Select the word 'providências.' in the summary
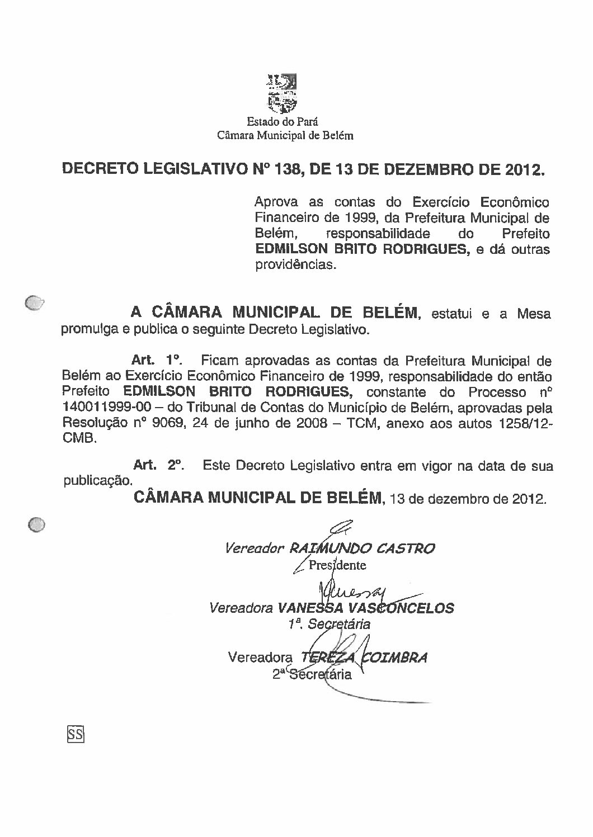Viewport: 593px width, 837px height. [296, 266]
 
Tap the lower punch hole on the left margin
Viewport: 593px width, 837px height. [36, 524]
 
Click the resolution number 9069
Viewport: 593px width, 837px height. [167, 423]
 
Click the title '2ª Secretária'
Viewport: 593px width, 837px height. [312, 674]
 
